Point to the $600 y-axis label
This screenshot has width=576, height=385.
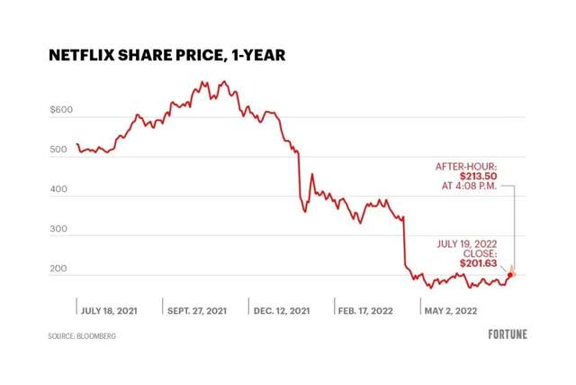60,112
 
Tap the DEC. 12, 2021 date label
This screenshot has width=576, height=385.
282,310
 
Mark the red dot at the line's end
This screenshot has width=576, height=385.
510,274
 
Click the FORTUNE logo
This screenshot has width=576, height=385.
508,335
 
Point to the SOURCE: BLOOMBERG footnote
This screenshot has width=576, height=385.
82,335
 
